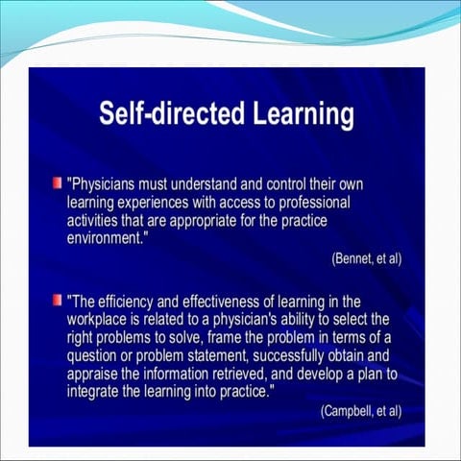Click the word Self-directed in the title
[x=158, y=116]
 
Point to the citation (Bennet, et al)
[x=365, y=259]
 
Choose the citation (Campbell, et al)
[x=360, y=411]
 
